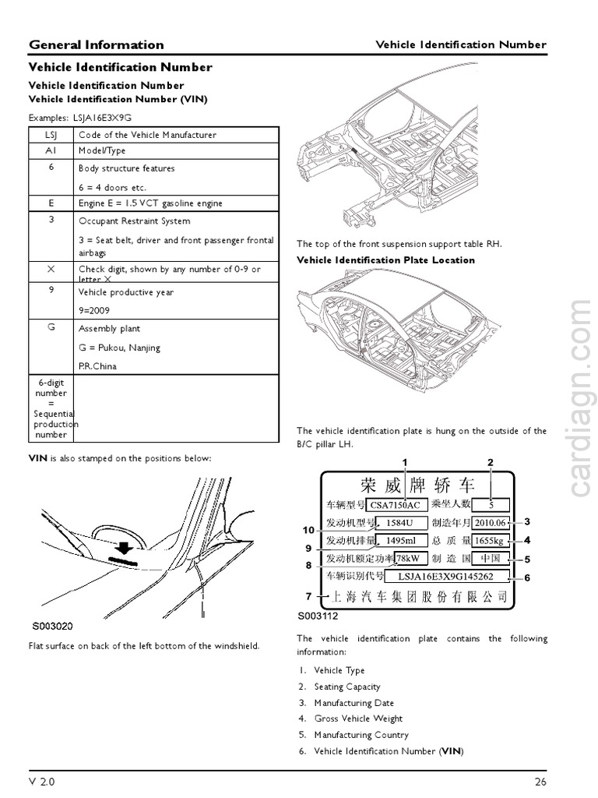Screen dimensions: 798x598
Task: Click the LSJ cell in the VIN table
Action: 51,135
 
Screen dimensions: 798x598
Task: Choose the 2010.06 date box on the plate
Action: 490,522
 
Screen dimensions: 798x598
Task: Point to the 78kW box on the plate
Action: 410,559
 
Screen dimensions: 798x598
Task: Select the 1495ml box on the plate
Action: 400,541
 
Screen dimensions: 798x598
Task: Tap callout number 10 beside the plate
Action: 308,530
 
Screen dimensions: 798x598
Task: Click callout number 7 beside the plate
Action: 308,597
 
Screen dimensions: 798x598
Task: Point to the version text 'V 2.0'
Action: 42,781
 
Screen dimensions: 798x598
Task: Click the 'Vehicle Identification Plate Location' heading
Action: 385,260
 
